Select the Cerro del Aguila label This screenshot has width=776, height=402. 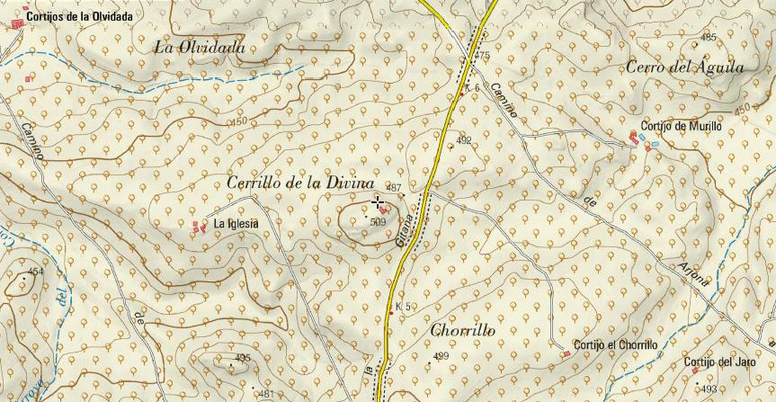coord(685,68)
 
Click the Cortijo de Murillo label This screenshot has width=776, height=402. coord(681,127)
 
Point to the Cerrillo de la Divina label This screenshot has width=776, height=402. coord(300,183)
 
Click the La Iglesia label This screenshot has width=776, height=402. coord(236,224)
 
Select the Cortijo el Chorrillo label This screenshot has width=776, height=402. coord(616,345)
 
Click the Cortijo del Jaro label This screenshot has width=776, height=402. coord(719,362)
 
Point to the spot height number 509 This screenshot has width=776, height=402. coord(378,221)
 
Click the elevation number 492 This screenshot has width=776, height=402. coord(464,141)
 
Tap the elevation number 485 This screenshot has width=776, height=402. coord(709,38)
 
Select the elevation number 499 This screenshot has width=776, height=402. coord(441,357)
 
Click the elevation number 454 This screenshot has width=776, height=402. coord(35,272)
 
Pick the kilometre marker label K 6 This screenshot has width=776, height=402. coord(473,88)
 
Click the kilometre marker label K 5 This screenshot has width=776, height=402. coord(403,307)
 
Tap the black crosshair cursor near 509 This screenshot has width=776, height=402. coord(378,202)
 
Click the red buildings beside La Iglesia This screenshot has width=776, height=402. coord(199,228)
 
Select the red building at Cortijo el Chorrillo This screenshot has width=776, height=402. coord(566,354)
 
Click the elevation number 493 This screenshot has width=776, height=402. coord(709,389)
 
